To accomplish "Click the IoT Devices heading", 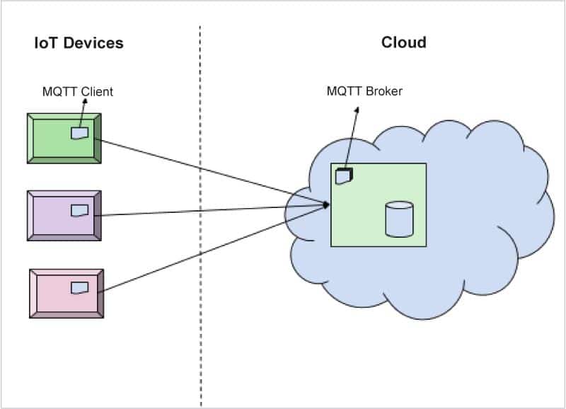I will [79, 43].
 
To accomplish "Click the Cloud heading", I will [403, 42].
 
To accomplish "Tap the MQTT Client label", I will [77, 91].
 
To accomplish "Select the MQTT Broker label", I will [364, 91].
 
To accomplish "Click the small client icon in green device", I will [79, 132].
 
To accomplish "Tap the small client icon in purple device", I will [79, 210].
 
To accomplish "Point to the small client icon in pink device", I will [80, 287].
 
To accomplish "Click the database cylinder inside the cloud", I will [399, 219].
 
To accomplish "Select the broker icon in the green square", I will [344, 175].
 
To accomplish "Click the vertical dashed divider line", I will [200, 212].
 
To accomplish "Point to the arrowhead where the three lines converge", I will [328, 205].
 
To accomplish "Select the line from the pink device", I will [212, 248].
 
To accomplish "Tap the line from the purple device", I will [212, 210].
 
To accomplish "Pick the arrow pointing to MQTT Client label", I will [81, 113].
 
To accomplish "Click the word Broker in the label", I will [383, 91].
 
